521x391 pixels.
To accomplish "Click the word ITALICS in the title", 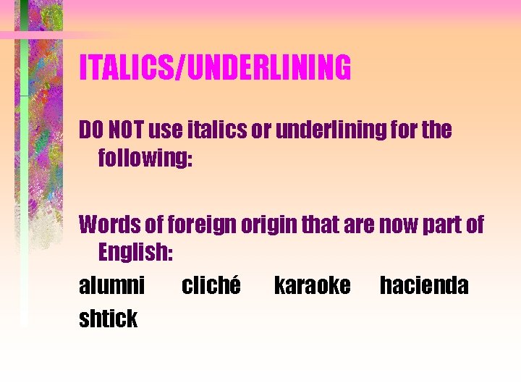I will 128,68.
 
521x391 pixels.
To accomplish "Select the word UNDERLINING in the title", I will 268,68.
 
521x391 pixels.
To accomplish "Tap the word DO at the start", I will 91,130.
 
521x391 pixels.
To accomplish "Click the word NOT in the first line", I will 125,130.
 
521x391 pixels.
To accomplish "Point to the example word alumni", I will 111,285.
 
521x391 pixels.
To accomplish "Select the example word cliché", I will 211,285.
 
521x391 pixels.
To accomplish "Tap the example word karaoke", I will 312,285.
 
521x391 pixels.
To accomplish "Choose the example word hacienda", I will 424,285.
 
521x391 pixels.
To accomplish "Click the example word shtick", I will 108,318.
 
